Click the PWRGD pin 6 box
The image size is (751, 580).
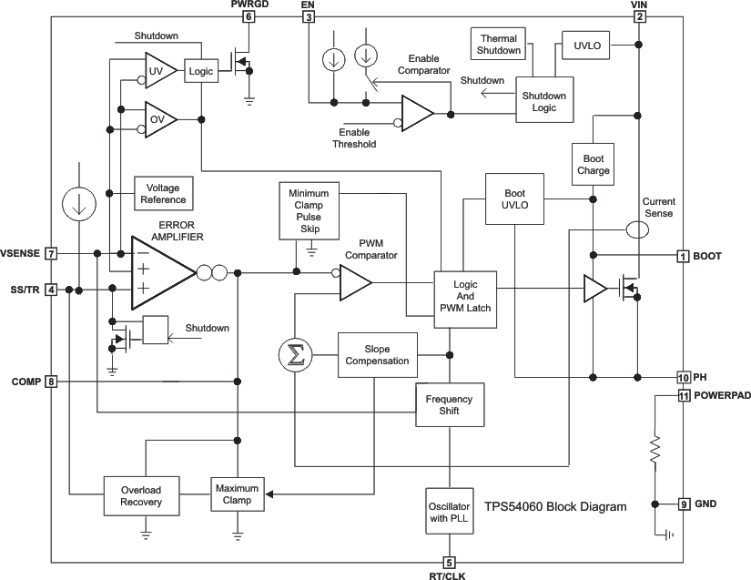point(249,16)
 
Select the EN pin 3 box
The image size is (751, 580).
point(309,16)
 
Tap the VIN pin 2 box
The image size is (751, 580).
point(639,16)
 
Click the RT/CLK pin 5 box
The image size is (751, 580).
point(449,563)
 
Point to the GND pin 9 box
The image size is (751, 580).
point(683,504)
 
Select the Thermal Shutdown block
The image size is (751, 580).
point(498,44)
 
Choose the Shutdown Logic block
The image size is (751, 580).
point(543,102)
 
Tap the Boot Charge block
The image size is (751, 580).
point(593,164)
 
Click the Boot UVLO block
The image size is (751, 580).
point(514,198)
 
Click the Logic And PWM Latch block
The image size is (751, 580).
point(465,296)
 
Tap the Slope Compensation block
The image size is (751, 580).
point(377,354)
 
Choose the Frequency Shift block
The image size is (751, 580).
point(449,404)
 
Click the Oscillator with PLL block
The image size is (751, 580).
point(449,505)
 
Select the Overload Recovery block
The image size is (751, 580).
point(141,494)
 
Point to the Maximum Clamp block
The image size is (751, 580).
point(237,494)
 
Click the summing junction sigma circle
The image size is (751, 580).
point(295,354)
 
